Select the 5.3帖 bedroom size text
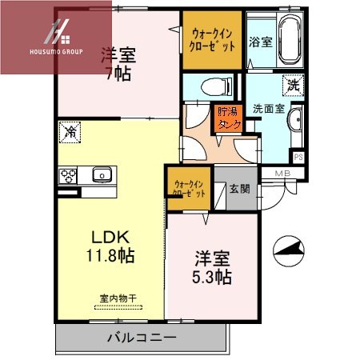pyautogui.click(x=213, y=277)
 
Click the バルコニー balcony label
pyautogui.click(x=142, y=337)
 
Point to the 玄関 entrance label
pyautogui.click(x=239, y=190)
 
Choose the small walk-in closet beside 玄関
pyautogui.click(x=188, y=188)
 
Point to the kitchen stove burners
pyautogui.click(x=67, y=176)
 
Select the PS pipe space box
pyautogui.click(x=298, y=157)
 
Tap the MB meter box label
pyautogui.click(x=283, y=174)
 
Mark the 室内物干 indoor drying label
pyautogui.click(x=118, y=298)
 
